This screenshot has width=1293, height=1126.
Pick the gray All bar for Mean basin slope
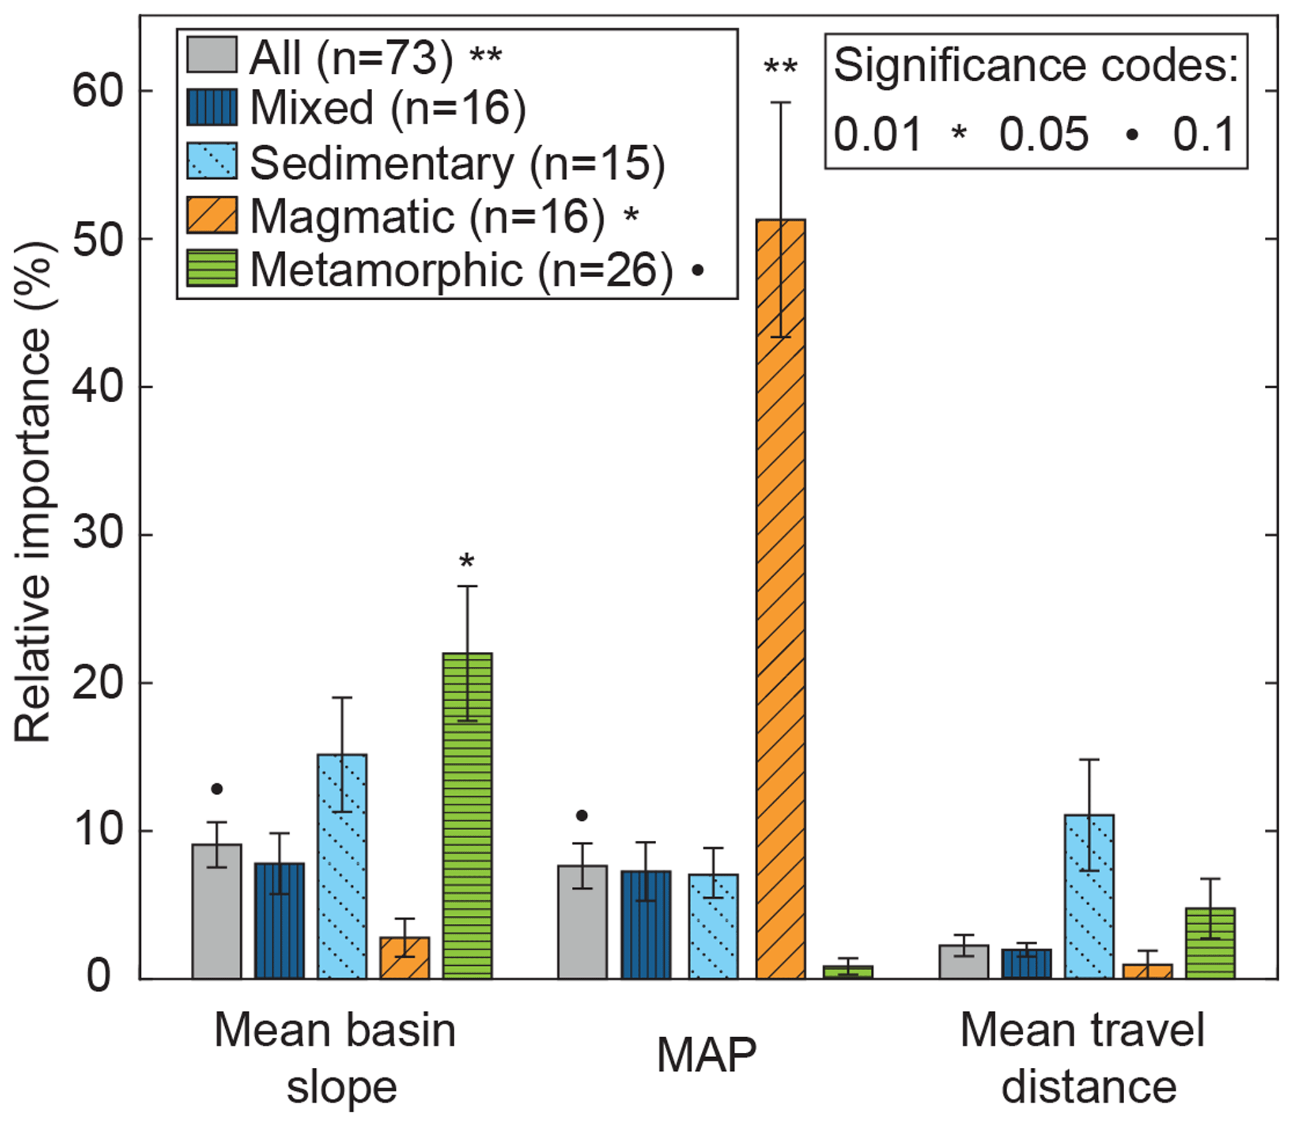point(217,911)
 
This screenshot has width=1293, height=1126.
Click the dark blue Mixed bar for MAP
point(646,925)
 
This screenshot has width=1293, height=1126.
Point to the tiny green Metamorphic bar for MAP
point(848,972)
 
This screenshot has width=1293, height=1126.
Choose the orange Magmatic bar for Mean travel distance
point(1147,971)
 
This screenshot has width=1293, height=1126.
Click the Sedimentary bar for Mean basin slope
point(342,866)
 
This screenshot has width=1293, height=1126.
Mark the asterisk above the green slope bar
point(467,560)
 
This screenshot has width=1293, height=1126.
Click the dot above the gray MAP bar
point(582,816)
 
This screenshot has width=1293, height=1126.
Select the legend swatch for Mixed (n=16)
point(211,108)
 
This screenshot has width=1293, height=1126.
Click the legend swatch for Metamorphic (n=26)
point(211,268)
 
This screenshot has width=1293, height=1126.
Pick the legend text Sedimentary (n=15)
point(457,163)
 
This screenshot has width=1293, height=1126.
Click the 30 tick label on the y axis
point(96,535)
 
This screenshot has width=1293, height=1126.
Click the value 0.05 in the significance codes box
point(1043,134)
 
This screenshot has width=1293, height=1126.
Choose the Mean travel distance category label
point(1083,1058)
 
